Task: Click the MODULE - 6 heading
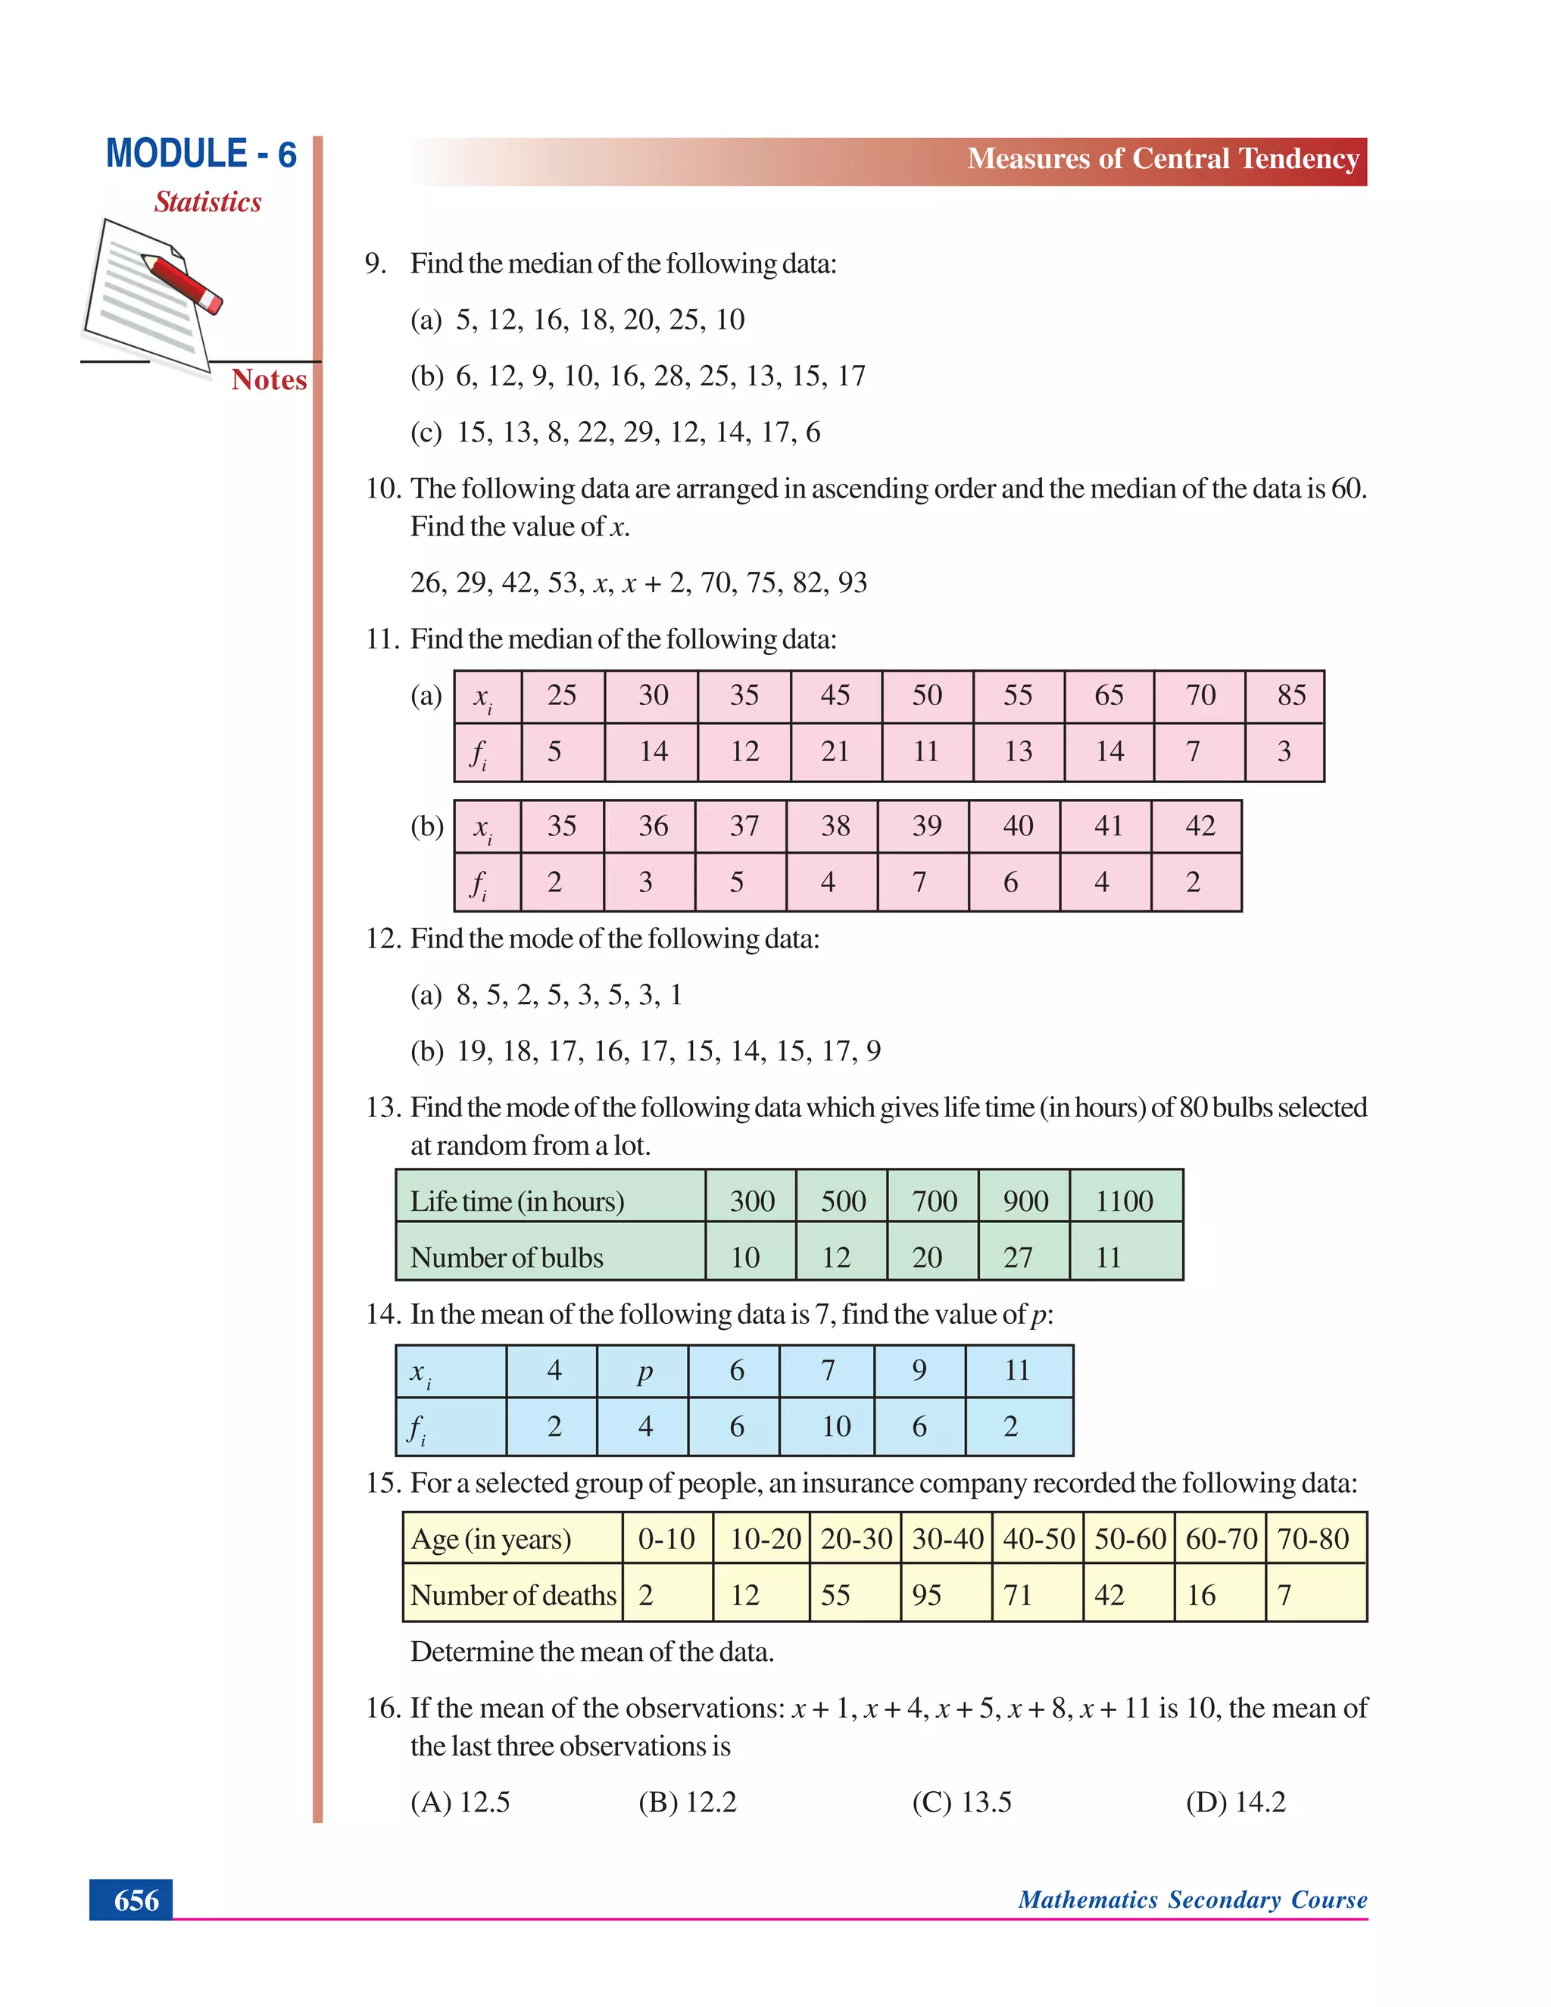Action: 201,154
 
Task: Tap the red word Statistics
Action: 208,201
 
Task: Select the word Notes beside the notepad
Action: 268,379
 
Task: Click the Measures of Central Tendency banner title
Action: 1162,159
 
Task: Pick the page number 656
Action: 136,1899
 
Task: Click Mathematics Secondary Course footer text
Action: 1192,1899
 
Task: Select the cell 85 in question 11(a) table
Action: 1291,696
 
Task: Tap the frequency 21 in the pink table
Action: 835,752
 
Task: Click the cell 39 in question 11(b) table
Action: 926,826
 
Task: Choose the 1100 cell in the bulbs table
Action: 1124,1201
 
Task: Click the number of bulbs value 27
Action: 1018,1257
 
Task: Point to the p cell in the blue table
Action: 644,1370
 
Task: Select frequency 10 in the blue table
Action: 835,1426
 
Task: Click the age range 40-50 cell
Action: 1038,1539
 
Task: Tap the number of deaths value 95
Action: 926,1595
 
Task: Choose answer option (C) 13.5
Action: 961,1802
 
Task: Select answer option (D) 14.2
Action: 1235,1802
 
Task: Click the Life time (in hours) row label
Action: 516,1201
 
